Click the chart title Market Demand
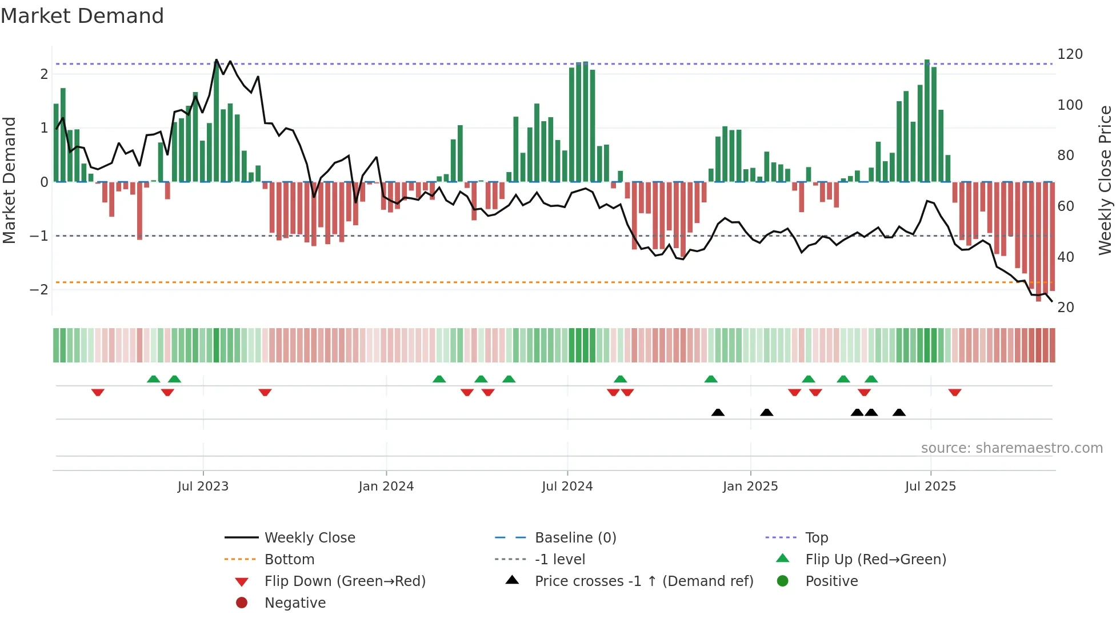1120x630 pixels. (82, 16)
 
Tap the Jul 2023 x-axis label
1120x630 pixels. (203, 487)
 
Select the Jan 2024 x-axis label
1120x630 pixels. (386, 487)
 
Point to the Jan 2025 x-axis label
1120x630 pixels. (750, 487)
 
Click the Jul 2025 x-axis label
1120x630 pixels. (930, 487)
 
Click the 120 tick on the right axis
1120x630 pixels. (1070, 54)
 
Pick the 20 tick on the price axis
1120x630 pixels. (1066, 308)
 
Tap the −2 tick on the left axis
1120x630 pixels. (39, 290)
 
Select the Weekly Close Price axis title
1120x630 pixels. (1105, 180)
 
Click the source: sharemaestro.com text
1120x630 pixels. (1011, 448)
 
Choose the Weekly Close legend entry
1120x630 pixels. (309, 538)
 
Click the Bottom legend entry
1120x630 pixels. (289, 560)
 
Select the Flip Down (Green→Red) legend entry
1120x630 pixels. (345, 581)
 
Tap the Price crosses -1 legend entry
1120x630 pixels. (643, 581)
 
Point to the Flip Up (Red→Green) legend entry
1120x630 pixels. (875, 560)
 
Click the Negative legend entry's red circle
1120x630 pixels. (242, 603)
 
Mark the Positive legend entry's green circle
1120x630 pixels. (783, 581)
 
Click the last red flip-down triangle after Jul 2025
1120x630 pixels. (955, 392)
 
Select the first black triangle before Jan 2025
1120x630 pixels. (718, 412)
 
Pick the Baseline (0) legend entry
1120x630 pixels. (575, 538)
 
